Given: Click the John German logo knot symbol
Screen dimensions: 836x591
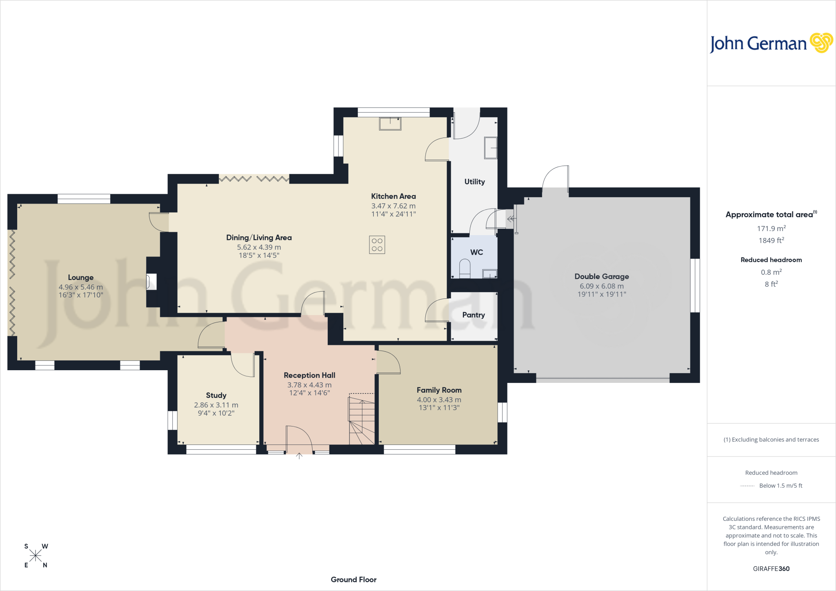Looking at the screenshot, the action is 821,42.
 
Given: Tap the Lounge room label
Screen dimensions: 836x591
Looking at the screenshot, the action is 81,278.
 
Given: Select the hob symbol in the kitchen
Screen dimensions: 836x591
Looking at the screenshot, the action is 377,245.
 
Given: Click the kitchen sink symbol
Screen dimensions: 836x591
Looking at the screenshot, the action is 390,124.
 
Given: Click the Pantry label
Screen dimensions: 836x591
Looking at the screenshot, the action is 474,315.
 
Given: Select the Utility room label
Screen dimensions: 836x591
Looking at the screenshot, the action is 475,182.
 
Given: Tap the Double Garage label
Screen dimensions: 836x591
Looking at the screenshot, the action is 602,276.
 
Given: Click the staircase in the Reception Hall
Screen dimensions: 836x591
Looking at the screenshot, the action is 362,419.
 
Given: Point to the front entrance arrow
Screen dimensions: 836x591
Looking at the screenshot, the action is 299,456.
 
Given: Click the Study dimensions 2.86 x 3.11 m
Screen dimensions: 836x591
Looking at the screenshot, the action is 216,405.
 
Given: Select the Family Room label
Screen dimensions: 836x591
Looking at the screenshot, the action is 439,390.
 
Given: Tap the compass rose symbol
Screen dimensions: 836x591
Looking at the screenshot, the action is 36,555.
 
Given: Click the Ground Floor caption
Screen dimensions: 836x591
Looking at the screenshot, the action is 354,580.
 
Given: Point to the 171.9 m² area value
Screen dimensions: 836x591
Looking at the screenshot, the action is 772,228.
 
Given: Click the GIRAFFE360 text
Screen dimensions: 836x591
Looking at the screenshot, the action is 771,569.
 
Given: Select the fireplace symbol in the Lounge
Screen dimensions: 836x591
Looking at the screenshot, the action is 151,282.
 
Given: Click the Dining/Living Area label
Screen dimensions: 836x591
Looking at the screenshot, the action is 259,238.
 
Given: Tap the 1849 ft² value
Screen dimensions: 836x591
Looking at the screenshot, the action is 772,240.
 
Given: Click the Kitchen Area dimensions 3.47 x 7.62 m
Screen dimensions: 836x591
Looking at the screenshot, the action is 394,206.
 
